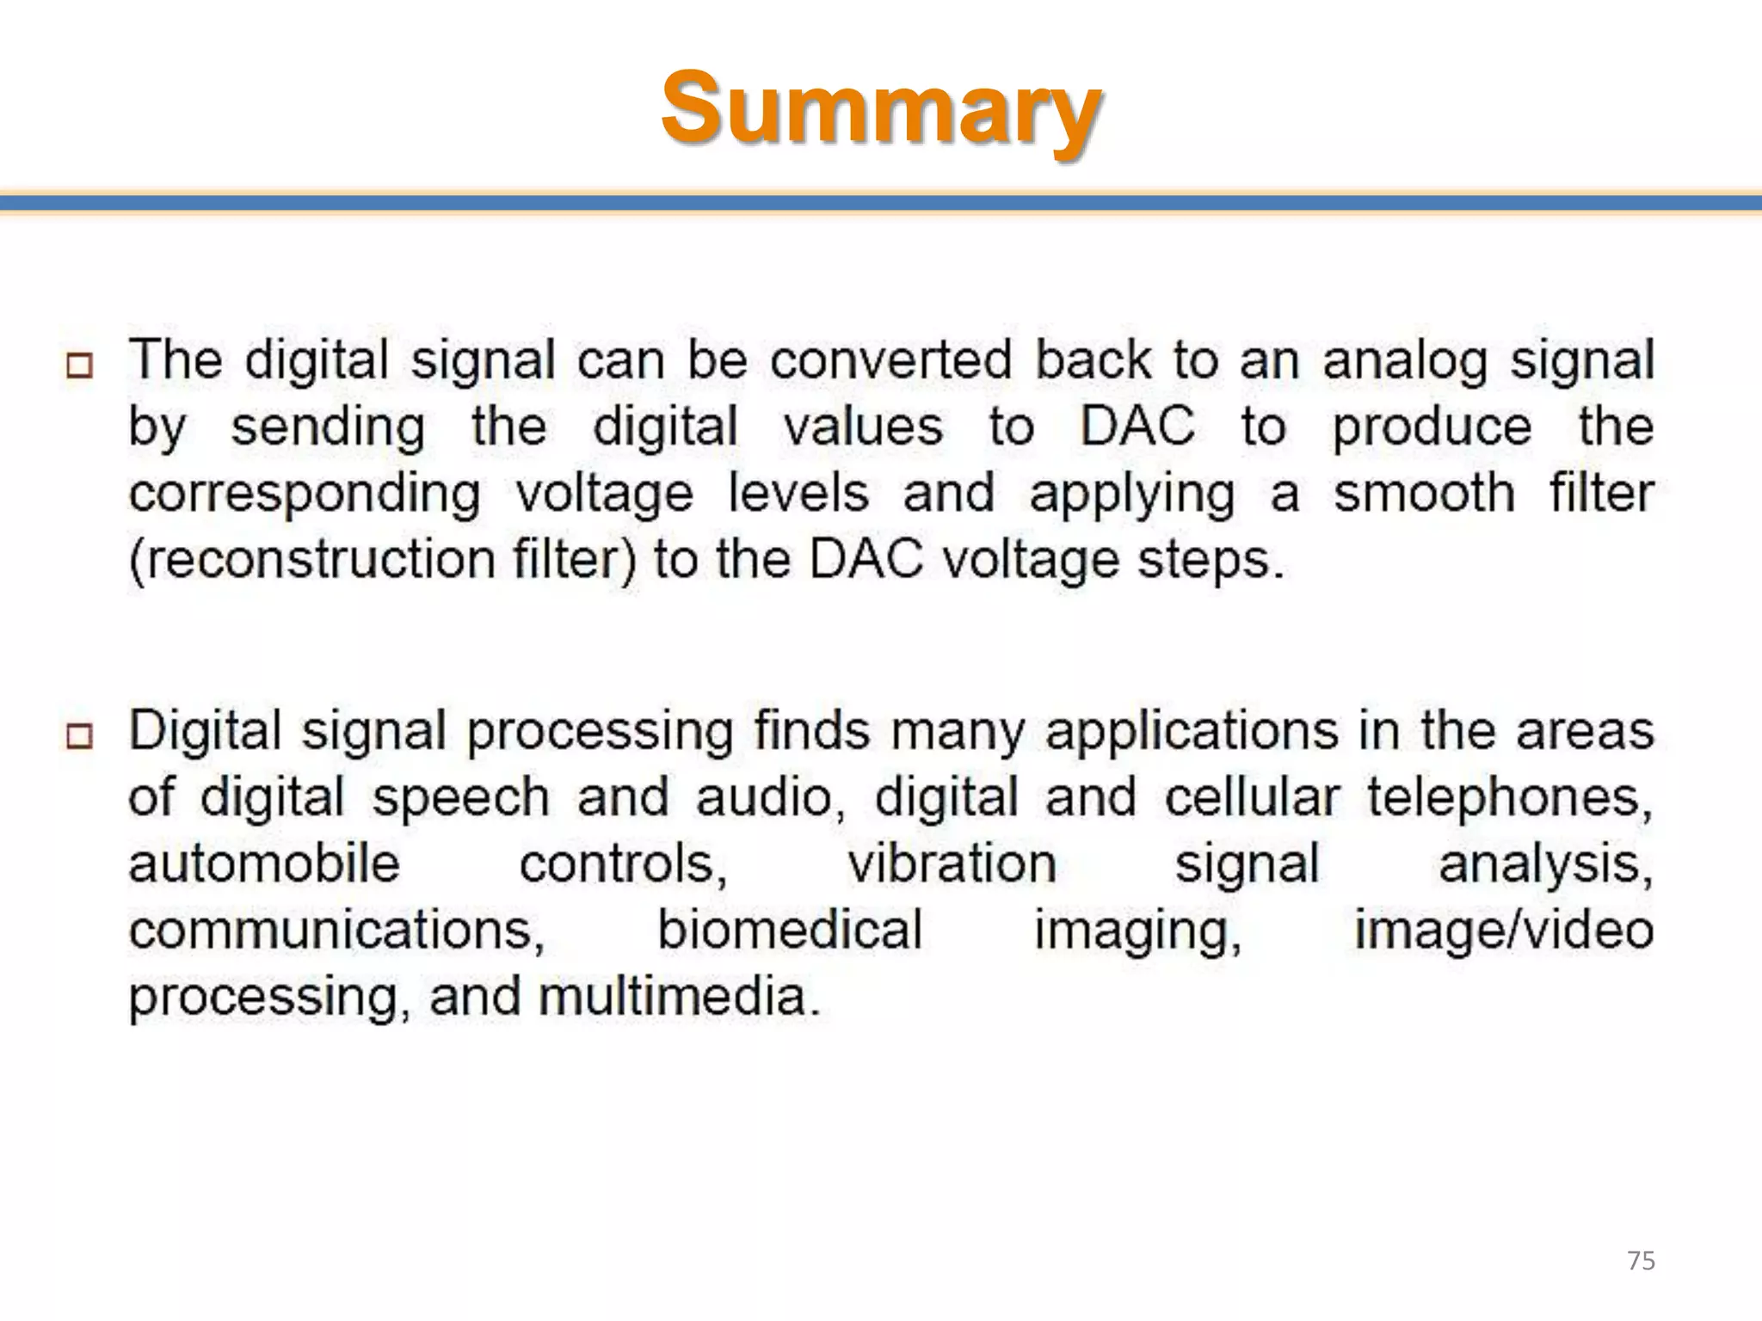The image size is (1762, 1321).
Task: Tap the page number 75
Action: [1641, 1261]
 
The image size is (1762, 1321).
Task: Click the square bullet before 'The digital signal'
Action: [79, 366]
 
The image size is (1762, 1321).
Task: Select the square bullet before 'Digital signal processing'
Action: [79, 736]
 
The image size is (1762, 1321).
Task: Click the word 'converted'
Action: [890, 359]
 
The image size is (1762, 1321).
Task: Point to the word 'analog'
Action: [1405, 361]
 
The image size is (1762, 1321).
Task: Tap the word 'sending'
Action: [328, 427]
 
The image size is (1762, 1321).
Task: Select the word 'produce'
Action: [1432, 427]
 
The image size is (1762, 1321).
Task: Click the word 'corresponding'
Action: [305, 495]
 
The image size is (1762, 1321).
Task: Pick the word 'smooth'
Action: [1424, 493]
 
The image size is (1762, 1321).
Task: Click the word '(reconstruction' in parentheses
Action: [311, 560]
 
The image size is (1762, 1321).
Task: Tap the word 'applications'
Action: [1192, 732]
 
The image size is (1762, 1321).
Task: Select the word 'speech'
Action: [460, 799]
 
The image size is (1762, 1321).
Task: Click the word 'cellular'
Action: [1252, 797]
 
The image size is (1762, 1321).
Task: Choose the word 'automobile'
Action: [264, 863]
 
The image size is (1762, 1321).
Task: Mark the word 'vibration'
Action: [952, 863]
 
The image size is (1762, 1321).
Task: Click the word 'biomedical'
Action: [790, 930]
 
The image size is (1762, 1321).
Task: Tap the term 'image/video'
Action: [1504, 930]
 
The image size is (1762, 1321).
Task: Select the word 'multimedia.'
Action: [680, 997]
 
